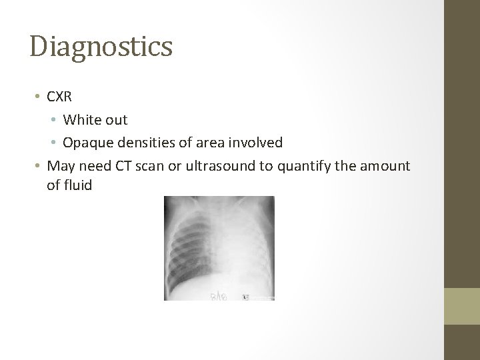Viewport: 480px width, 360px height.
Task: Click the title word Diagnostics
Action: pos(101,47)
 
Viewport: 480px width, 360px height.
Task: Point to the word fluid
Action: pos(77,185)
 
